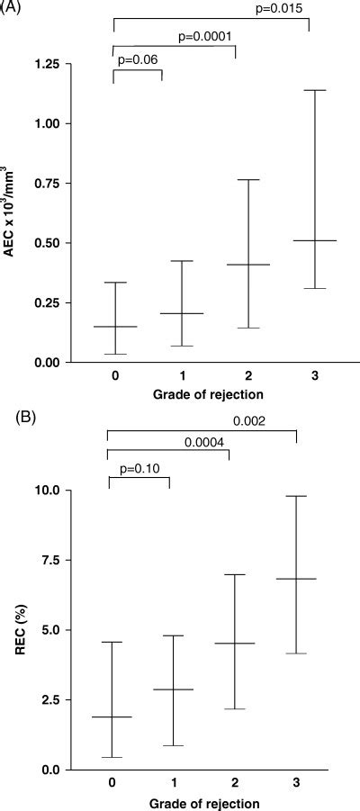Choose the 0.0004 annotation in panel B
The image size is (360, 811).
pos(206,442)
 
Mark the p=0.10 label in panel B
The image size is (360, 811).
pos(139,467)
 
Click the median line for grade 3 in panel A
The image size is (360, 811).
pos(309,240)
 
